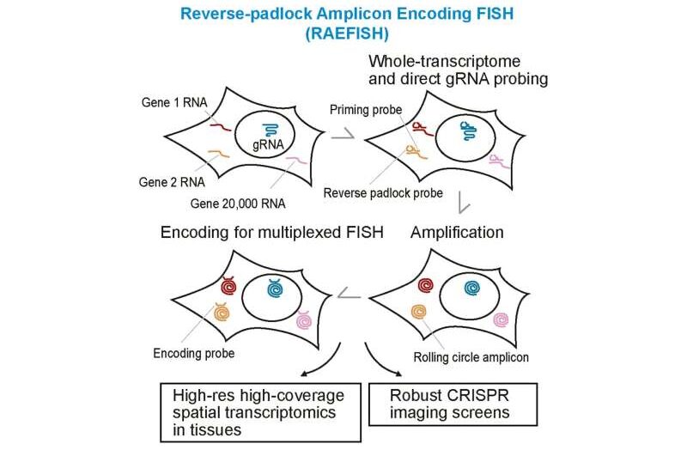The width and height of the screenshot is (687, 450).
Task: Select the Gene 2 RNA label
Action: coord(169,182)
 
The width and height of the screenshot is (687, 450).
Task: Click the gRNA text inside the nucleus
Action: coord(268,146)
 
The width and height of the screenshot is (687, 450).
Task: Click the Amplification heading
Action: coord(457,232)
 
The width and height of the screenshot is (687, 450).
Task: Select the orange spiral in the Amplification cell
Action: coord(420,313)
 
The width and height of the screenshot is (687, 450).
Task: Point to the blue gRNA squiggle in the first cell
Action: coord(271,129)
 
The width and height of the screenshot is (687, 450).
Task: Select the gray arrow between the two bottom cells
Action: coord(349,295)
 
